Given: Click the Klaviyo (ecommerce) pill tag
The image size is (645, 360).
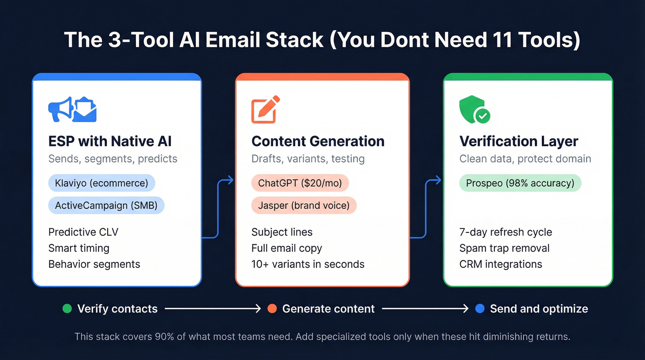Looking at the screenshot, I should coord(101,183).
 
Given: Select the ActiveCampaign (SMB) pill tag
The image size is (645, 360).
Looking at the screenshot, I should coord(106,205).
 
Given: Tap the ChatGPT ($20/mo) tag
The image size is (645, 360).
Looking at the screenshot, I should coord(299,183).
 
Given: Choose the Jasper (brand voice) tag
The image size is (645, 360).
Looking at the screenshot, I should coord(303,205).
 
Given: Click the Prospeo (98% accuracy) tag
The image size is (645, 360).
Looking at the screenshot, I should coord(520,183).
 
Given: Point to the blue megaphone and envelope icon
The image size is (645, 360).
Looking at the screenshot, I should coord(72,109).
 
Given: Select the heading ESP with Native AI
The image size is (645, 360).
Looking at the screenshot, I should coord(110,141).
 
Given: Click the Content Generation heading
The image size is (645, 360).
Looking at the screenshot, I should coord(318,141).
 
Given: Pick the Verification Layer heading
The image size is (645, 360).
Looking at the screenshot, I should coord(519,141).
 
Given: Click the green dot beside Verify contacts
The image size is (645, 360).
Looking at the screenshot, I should coord(67,309).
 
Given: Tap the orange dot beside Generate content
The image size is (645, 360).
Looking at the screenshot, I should coord(272,309).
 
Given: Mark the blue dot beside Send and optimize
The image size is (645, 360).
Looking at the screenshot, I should coord(480,309).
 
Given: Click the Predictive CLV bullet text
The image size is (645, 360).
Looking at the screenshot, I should coord(83,232).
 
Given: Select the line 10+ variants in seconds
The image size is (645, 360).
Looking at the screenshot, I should coord(308,264).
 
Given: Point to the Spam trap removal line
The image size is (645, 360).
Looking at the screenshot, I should coord(504,248).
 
